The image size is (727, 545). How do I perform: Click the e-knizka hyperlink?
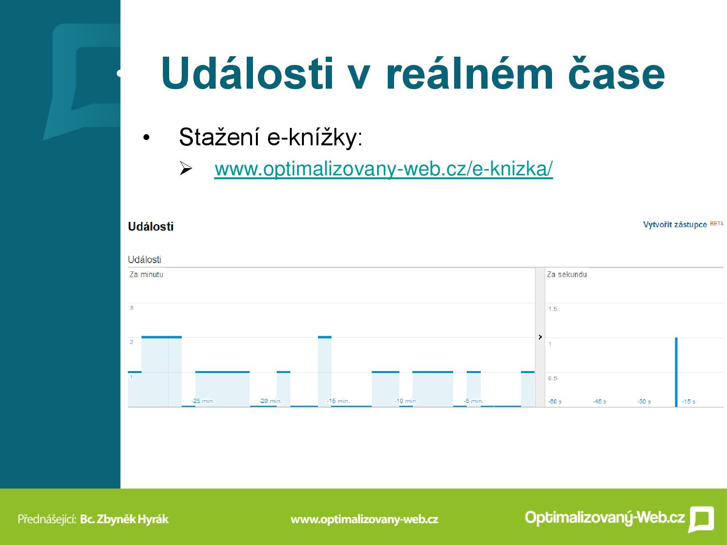click(x=383, y=169)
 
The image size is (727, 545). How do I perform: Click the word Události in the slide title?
click(x=247, y=73)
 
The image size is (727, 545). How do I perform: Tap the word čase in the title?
click(x=616, y=73)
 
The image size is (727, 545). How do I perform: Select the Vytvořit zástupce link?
click(x=675, y=225)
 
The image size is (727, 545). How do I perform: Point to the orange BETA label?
click(x=717, y=223)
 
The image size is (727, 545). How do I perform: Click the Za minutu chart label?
click(x=146, y=274)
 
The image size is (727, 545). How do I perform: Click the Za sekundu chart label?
click(x=567, y=274)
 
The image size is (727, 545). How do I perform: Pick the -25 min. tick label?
click(x=203, y=401)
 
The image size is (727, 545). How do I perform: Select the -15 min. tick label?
click(x=338, y=401)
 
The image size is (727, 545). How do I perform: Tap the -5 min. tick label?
click(x=474, y=401)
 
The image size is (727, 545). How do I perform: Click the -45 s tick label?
click(x=599, y=402)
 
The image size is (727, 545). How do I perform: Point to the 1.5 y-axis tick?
click(x=553, y=309)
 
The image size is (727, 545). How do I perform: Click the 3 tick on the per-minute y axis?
click(x=131, y=308)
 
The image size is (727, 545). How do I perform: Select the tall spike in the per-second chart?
click(x=676, y=372)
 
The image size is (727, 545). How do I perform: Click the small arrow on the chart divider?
click(x=540, y=337)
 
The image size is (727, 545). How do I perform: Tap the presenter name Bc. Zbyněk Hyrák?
click(x=124, y=519)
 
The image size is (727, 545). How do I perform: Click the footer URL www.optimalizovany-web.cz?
click(x=364, y=519)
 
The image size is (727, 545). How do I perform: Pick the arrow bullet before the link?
click(x=186, y=168)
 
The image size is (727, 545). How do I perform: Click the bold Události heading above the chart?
click(x=151, y=227)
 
